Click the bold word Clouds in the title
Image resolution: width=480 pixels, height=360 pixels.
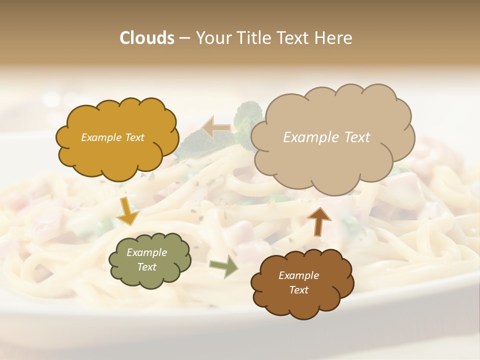[x=147, y=38]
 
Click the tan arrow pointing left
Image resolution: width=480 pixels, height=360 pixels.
[x=216, y=127]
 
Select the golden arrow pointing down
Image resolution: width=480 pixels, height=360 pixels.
[x=127, y=211]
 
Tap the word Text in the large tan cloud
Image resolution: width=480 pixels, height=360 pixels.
[x=353, y=137]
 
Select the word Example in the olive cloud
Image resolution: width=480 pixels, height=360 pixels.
[x=147, y=253]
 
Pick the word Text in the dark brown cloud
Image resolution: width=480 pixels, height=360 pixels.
[x=299, y=290]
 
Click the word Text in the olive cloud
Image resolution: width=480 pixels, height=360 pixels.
[x=147, y=267]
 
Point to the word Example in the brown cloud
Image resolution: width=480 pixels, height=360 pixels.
[x=299, y=275]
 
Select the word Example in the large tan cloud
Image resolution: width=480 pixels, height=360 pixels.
[x=307, y=137]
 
